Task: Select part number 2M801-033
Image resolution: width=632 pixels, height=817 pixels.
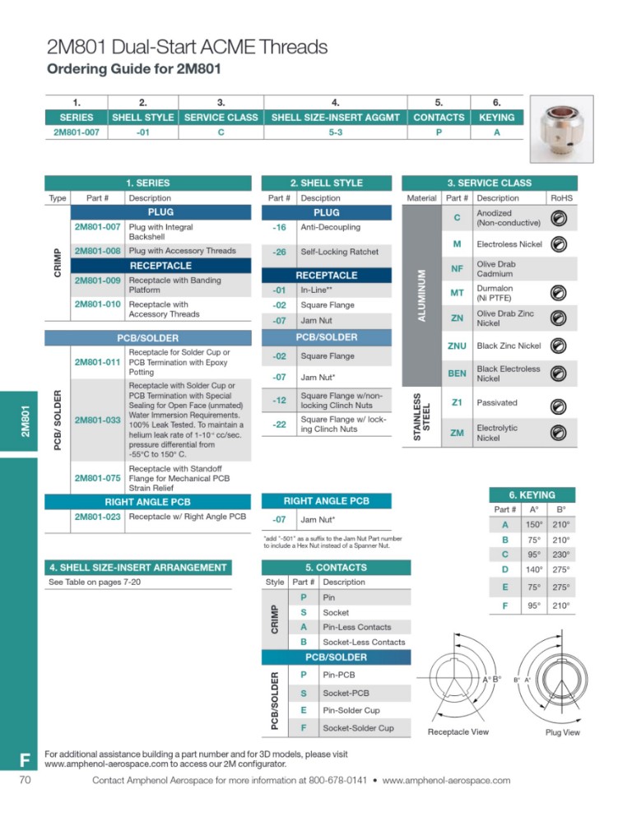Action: click(x=97, y=420)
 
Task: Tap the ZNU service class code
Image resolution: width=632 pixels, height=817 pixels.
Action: click(x=457, y=346)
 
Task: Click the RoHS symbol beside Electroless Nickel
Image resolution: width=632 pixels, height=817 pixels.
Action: click(x=559, y=244)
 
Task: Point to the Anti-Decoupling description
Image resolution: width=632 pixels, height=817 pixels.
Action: click(x=328, y=228)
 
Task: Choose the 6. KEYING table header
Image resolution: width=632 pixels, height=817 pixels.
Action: click(x=532, y=494)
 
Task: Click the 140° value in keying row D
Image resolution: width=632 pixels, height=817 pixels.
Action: click(x=535, y=569)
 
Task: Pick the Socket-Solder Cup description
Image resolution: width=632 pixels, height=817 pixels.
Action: click(x=358, y=727)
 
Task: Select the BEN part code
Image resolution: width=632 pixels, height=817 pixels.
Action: click(x=457, y=374)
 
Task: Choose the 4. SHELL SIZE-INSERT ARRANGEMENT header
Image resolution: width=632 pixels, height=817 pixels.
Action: click(x=137, y=567)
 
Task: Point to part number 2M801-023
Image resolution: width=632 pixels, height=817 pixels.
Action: click(x=97, y=517)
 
